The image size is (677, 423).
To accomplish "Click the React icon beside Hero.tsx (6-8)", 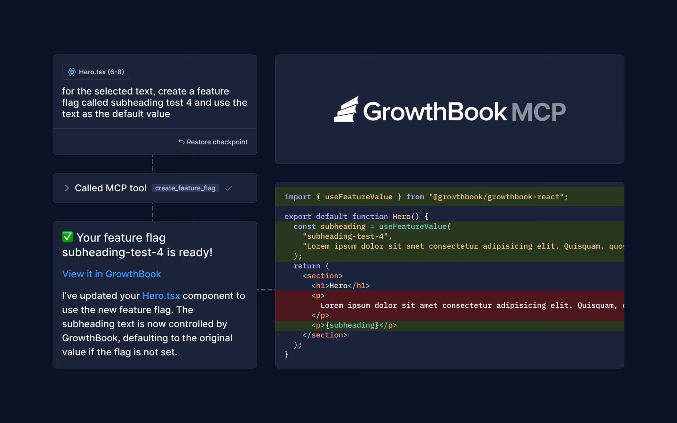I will (72, 72).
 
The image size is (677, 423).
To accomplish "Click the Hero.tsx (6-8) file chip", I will (96, 72).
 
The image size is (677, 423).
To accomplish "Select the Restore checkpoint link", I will (217, 142).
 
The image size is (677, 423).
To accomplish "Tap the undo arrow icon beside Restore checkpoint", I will (181, 142).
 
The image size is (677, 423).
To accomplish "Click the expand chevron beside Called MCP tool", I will (67, 188).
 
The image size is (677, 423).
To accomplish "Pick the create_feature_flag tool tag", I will (185, 188).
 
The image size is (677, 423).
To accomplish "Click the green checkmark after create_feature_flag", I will (228, 188).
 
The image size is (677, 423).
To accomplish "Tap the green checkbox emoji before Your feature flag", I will (68, 237).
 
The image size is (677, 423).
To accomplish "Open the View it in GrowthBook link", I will (111, 274).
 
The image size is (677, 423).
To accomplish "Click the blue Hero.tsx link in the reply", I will (161, 296).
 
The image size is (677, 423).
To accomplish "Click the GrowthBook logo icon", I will (346, 110).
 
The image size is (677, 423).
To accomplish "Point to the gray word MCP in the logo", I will (538, 112).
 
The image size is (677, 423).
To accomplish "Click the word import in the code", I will (298, 197).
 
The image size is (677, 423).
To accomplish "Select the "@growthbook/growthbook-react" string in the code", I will (496, 197).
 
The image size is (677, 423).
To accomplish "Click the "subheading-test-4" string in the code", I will (345, 236).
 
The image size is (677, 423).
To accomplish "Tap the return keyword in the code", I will (307, 266).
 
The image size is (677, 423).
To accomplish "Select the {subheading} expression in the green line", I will (352, 325).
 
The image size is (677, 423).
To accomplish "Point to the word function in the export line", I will (370, 217).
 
